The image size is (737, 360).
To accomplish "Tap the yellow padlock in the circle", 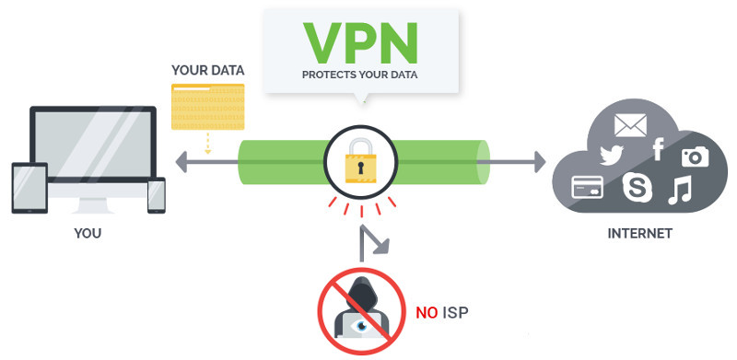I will pos(360,166).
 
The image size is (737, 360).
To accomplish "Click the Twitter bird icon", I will pos(613,154).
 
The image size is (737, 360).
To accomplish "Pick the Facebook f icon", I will pos(658,149).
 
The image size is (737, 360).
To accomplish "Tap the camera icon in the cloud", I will pos(696,157).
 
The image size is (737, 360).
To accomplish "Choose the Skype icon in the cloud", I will pos(638,187).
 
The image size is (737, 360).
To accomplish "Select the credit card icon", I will pos(587,187).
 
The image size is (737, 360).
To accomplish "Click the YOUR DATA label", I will pos(207,70).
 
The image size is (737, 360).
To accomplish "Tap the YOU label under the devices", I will pos(88,234).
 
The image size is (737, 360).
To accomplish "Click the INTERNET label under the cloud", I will pos(639,234).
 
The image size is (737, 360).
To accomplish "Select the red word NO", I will pos(427,313).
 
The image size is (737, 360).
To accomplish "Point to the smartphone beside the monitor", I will pos(156,195).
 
